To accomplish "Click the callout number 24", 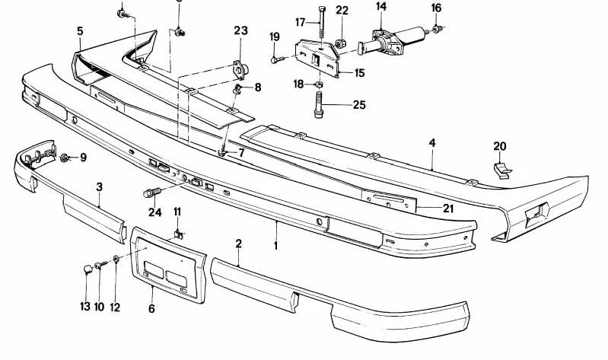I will (155, 212).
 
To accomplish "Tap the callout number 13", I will (85, 307).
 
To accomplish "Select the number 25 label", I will (358, 104).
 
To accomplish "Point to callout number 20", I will (499, 146).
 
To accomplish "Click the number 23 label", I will (240, 31).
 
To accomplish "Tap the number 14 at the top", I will (380, 7).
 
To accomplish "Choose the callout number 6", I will (151, 310).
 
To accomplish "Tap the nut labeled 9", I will (65, 158).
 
